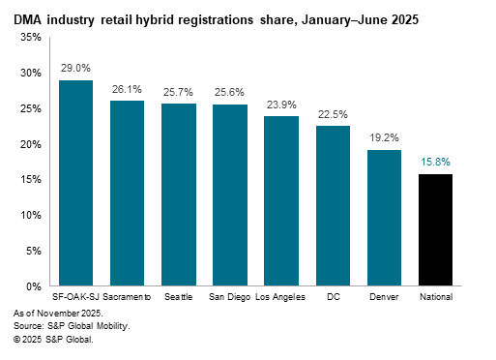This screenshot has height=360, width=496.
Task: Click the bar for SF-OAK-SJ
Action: click(76, 184)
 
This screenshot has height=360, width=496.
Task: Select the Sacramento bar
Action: click(128, 194)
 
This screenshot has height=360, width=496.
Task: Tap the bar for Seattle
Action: click(178, 195)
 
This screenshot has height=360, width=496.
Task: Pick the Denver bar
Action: click(385, 218)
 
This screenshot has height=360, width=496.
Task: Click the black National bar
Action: click(436, 230)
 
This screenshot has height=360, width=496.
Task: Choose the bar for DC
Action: click(333, 206)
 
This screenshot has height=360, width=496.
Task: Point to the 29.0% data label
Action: click(76, 70)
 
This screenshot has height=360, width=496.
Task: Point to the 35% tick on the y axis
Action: click(30, 37)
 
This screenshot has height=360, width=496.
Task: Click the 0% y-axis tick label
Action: click(33, 287)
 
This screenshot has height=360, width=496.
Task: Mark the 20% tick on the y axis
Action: click(30, 144)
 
